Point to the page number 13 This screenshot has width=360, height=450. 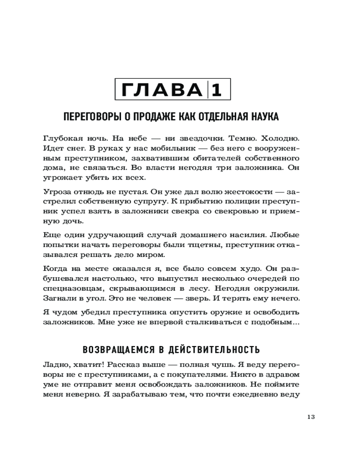[310, 416]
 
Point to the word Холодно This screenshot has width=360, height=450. [281, 138]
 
